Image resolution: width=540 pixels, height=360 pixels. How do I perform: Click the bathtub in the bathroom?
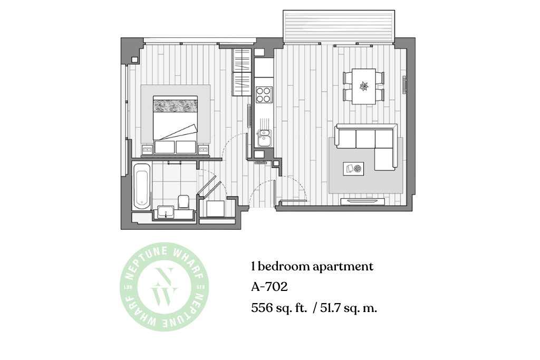click(142, 186)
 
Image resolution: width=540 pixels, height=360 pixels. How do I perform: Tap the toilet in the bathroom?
click(184, 202)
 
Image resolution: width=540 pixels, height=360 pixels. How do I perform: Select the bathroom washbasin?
click(166, 212)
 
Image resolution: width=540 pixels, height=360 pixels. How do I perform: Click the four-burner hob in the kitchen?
click(264, 95)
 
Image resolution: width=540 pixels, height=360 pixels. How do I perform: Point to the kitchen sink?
click(264, 138)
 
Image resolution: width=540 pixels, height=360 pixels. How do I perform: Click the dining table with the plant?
click(364, 86)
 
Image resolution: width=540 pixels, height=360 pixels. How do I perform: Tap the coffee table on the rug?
click(353, 169)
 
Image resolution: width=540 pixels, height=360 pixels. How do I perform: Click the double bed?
click(175, 124)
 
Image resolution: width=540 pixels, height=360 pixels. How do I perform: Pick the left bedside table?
click(147, 150)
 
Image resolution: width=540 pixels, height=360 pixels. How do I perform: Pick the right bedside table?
click(204, 150)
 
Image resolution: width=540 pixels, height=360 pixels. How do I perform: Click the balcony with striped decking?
click(339, 26)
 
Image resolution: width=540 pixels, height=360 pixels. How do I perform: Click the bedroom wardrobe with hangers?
click(242, 72)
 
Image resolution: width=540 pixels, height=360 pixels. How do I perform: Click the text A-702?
click(269, 287)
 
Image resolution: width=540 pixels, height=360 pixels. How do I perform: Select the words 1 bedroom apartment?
click(312, 266)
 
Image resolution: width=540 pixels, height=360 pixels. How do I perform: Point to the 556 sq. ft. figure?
click(279, 307)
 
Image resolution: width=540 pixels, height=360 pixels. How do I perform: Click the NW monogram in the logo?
click(165, 286)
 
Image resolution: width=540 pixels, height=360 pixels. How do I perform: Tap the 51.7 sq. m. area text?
click(349, 307)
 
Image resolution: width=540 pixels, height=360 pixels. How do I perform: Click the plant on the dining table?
click(364, 86)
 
